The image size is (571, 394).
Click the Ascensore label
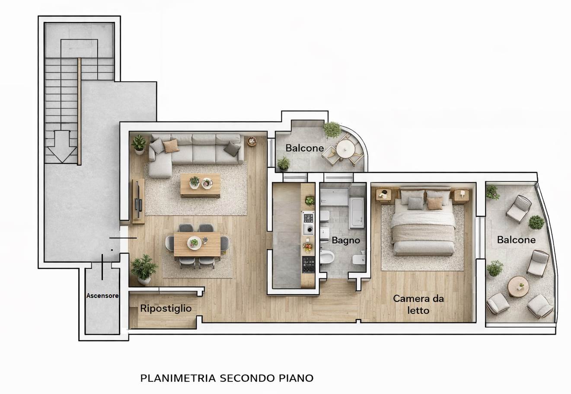pos(102,296)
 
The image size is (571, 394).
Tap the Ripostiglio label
pos(166,308)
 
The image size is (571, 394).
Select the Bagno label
pos(346,240)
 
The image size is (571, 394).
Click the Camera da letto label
pos(418,305)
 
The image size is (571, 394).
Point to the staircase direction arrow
pos(62,147)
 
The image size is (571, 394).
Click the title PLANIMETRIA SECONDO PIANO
pos(227,378)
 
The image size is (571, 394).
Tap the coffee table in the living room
pos(201,185)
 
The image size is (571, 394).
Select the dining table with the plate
pos(197,244)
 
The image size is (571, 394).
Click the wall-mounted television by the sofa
pos(137,199)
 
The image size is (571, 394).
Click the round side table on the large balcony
pos(518,286)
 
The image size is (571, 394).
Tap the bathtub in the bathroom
pos(357,213)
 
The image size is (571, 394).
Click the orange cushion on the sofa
pos(171,146)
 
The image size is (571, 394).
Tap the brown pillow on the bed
pos(435,203)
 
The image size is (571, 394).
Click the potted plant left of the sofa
pos(139,145)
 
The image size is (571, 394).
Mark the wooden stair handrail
pos(79,111)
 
